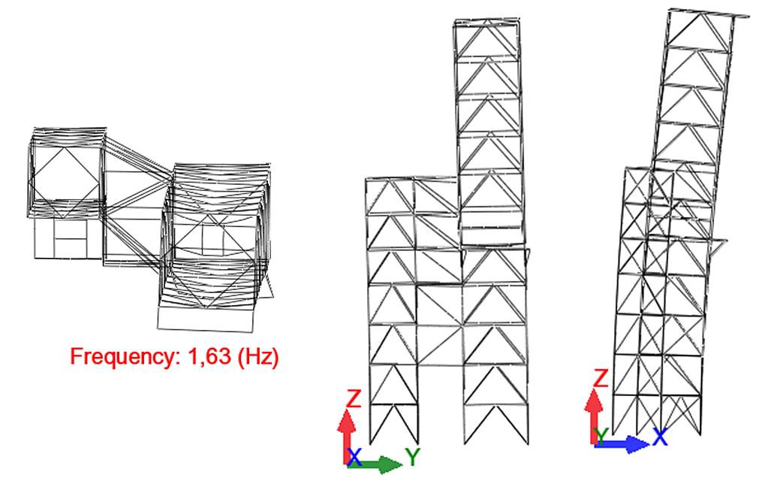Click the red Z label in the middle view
(354, 398)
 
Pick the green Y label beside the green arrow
(413, 458)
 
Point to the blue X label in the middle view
(354, 458)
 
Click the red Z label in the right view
(601, 378)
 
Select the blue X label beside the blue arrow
(660, 437)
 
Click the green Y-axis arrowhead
(390, 464)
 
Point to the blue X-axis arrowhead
(637, 444)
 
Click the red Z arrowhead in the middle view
(347, 420)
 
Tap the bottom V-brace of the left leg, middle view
(393, 423)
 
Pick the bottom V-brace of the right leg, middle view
(495, 424)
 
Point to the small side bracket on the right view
(717, 248)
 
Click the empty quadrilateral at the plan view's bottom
(206, 319)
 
